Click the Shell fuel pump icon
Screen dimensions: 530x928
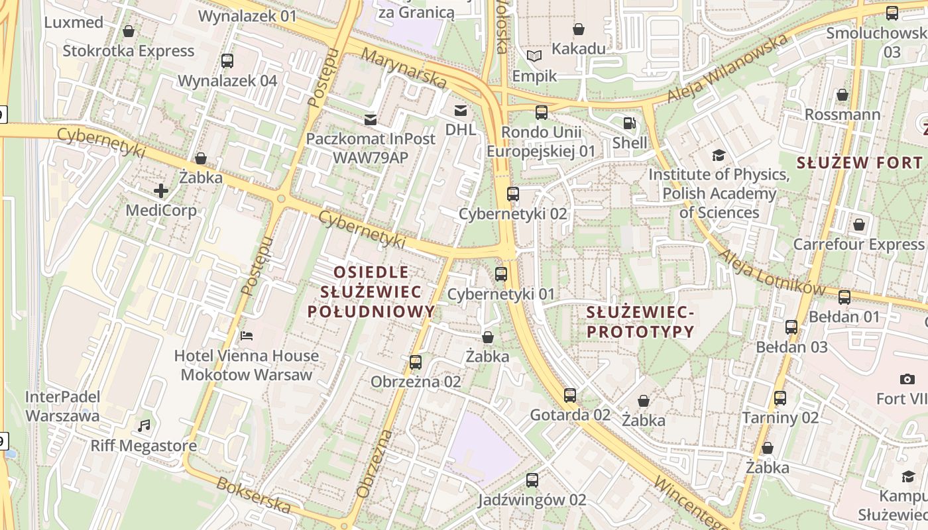tap(628, 123)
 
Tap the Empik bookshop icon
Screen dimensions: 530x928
tap(534, 56)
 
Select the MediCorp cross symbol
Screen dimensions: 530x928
tap(160, 191)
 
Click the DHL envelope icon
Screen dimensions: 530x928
tap(460, 110)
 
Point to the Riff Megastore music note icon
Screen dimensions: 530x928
tap(144, 425)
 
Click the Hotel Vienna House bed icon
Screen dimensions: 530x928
tap(247, 336)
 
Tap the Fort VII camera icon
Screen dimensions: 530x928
tap(907, 379)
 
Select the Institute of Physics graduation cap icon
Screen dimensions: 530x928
tap(719, 156)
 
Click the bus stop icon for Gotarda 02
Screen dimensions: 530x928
tap(570, 396)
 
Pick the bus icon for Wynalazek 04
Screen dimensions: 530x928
tap(227, 61)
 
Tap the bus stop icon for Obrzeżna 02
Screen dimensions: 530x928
tap(416, 362)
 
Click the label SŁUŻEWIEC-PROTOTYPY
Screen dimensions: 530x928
tap(640, 321)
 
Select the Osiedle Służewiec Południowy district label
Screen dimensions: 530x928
tap(371, 291)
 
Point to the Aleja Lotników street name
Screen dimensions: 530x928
tap(772, 272)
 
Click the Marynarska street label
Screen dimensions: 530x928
tap(405, 68)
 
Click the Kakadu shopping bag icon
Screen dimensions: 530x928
tap(579, 29)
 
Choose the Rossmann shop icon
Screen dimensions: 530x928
tap(842, 95)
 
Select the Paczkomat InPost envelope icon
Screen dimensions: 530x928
tap(371, 119)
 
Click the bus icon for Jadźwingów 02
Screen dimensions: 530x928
tap(532, 480)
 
